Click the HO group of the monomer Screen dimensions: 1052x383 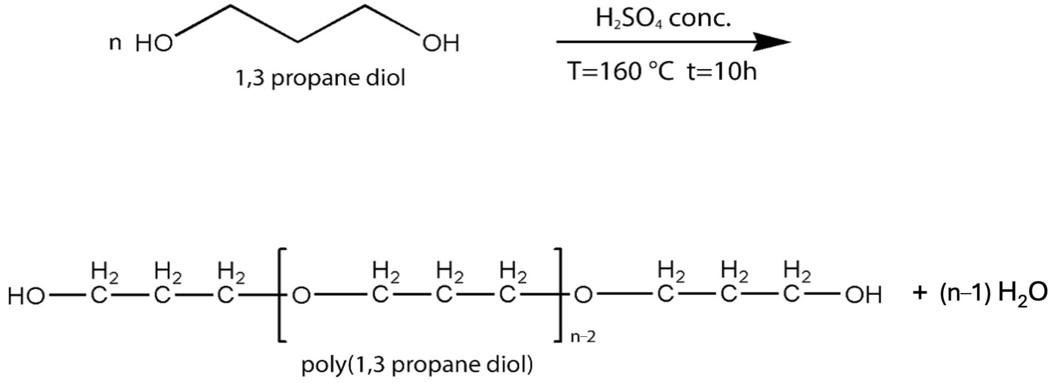pyautogui.click(x=154, y=43)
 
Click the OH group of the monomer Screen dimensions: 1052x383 pyautogui.click(x=441, y=43)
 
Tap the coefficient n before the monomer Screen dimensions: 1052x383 pyautogui.click(x=115, y=43)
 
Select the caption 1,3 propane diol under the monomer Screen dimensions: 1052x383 pyautogui.click(x=320, y=77)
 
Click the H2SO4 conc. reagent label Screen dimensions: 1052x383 pyautogui.click(x=663, y=19)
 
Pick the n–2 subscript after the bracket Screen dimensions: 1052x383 pyautogui.click(x=583, y=337)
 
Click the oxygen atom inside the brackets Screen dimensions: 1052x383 pyautogui.click(x=302, y=295)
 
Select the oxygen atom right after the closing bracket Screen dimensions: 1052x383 pyautogui.click(x=583, y=295)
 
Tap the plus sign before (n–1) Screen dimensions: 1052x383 pyautogui.click(x=920, y=294)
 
